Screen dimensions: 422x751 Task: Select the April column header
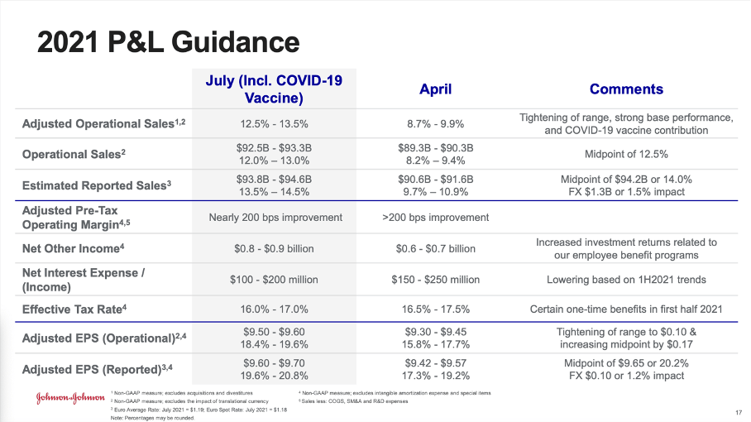[436, 89]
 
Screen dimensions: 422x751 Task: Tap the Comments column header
[625, 89]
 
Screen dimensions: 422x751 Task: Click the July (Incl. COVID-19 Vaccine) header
[273, 89]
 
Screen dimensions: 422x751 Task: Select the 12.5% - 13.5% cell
[273, 124]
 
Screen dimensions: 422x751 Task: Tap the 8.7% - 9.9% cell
[436, 124]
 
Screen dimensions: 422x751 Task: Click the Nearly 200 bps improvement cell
[273, 217]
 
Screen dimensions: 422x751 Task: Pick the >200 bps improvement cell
[436, 217]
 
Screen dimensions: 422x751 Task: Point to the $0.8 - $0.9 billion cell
[273, 248]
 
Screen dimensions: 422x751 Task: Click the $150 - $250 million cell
[436, 279]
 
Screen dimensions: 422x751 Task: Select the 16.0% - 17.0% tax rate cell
[273, 309]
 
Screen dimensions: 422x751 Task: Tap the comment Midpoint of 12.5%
[625, 155]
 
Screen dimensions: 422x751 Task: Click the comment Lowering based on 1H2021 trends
[625, 279]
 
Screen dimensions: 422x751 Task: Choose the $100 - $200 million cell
[273, 279]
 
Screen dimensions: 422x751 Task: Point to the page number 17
[738, 412]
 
